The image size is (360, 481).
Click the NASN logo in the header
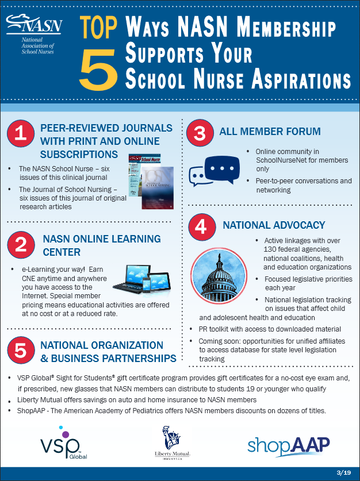pyautogui.click(x=34, y=36)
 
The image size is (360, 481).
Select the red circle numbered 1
pyautogui.click(x=21, y=134)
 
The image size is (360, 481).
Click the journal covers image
pyautogui.click(x=150, y=180)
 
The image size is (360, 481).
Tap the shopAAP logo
pyautogui.click(x=289, y=445)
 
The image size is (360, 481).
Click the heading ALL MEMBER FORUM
pyautogui.click(x=270, y=132)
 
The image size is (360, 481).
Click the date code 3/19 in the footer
pyautogui.click(x=343, y=472)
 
